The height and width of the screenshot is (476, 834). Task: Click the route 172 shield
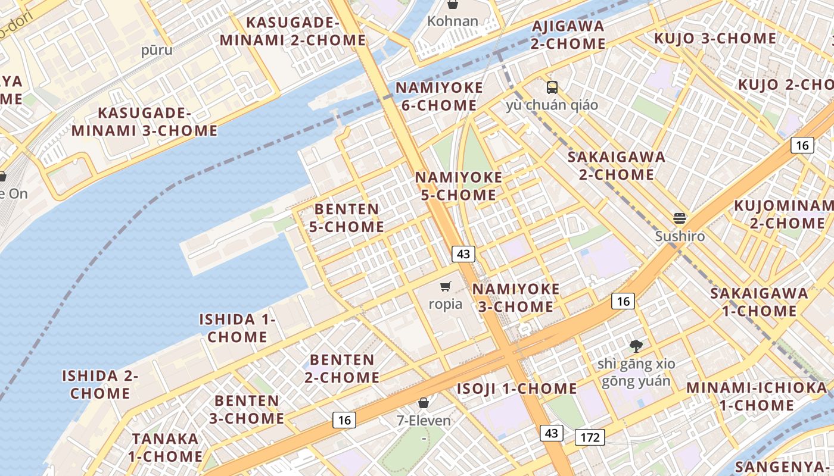590,438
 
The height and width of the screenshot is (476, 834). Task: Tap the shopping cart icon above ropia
446,287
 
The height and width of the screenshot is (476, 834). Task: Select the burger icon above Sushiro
680,218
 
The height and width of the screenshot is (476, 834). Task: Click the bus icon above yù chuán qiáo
552,87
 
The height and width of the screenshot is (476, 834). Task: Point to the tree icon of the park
636,346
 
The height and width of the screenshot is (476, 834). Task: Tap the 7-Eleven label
424,421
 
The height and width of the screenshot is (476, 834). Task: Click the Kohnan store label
453,21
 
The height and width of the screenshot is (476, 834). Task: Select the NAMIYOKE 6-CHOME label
439,96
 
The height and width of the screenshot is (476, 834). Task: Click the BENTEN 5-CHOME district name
347,218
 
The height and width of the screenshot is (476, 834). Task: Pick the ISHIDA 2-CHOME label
100,384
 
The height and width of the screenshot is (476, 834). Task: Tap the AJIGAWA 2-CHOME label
568,35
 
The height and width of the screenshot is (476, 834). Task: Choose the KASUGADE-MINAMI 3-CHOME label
145,121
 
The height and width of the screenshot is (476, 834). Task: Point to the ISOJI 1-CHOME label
516,389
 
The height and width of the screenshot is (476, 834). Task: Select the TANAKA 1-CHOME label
166,447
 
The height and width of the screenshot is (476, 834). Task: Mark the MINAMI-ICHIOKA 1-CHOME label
757,396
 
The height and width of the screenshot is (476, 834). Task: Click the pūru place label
157,50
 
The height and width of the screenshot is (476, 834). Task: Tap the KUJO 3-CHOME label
715,39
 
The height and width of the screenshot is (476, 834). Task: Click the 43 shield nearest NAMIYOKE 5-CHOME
463,254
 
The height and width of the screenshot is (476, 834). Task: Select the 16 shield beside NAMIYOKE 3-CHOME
623,301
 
